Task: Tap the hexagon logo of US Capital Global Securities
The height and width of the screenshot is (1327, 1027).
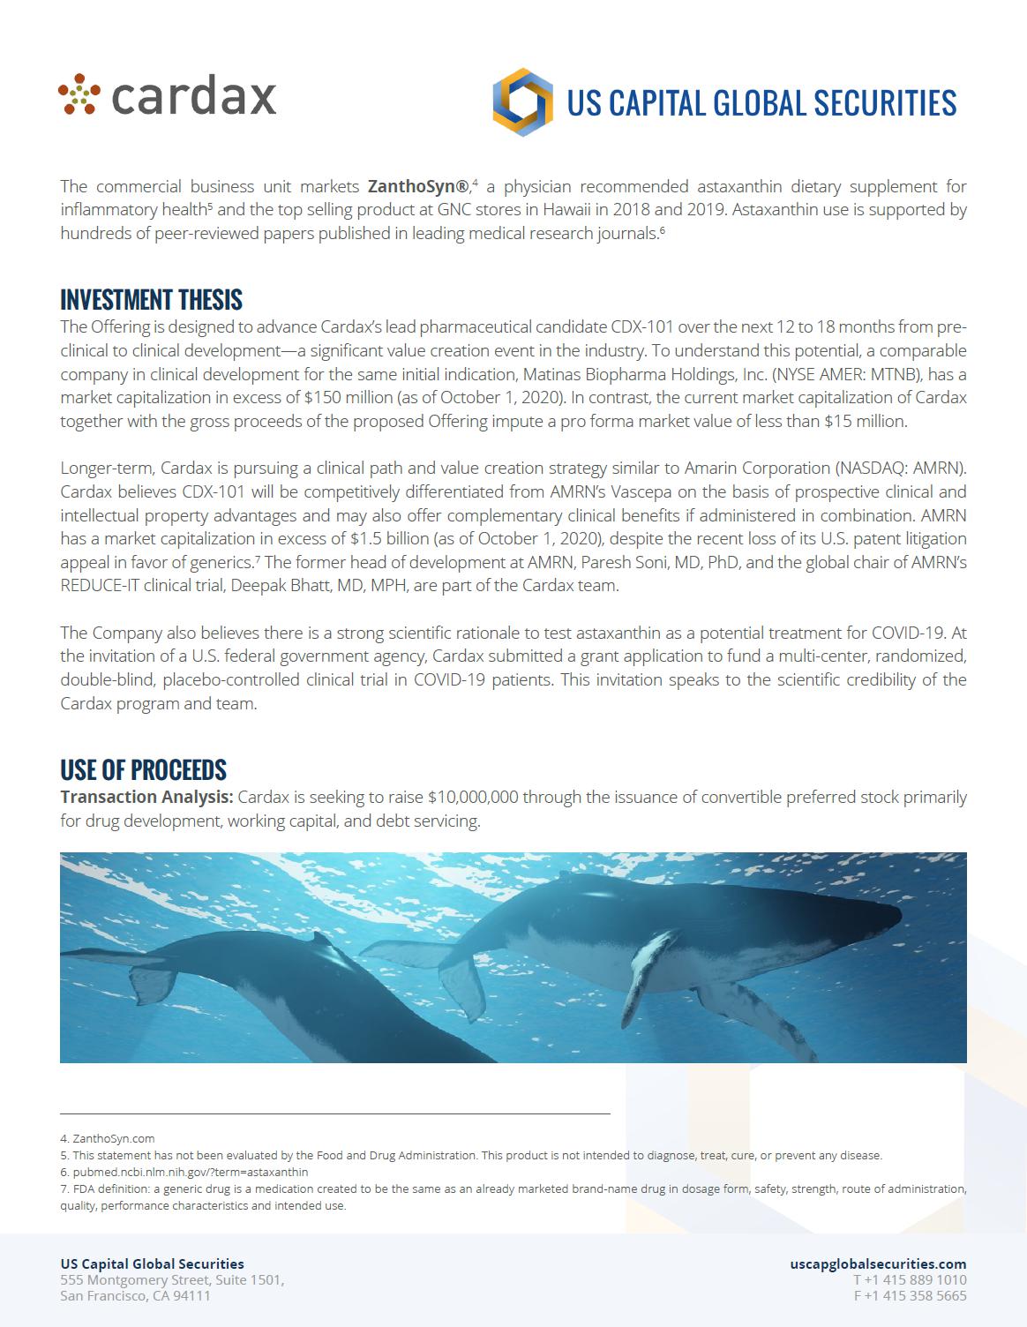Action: click(522, 102)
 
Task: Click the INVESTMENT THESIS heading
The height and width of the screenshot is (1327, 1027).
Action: click(151, 300)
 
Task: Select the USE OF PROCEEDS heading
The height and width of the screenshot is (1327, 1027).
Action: click(143, 769)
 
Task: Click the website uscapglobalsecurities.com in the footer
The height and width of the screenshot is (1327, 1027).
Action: click(878, 1263)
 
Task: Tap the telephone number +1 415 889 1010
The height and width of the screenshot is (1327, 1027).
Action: click(910, 1279)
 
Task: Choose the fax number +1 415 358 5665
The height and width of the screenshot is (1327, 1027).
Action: click(910, 1295)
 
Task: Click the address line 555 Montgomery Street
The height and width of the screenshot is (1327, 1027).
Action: click(171, 1279)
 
